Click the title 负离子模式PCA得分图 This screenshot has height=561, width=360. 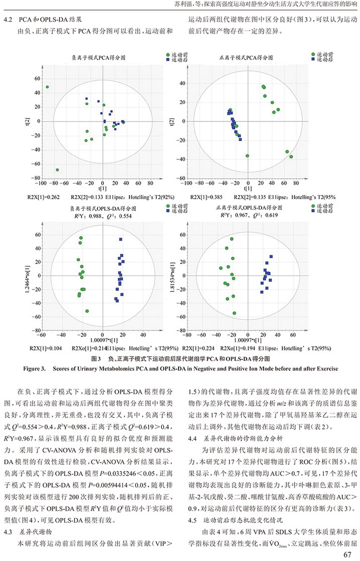(x=98, y=58)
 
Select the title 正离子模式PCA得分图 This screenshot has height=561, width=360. (x=246, y=58)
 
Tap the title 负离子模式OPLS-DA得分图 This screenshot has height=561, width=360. (x=103, y=209)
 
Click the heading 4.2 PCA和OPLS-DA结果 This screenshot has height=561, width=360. (x=45, y=20)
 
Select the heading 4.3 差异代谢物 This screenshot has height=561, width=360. (x=28, y=532)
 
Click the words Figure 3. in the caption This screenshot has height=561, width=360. (x=35, y=369)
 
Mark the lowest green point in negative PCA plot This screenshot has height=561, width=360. (x=57, y=170)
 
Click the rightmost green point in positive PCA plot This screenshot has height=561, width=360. (x=291, y=157)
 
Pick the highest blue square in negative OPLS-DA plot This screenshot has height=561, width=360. (x=121, y=239)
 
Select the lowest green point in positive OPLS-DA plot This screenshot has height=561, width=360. (x=234, y=313)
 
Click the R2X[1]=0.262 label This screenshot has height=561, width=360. (x=44, y=197)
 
